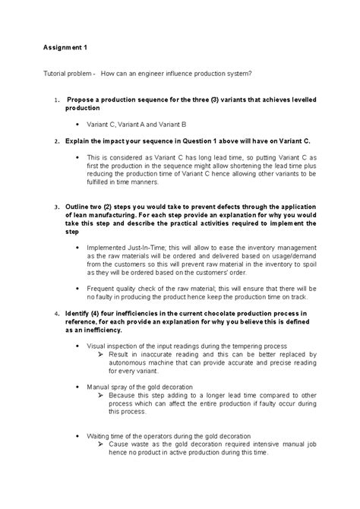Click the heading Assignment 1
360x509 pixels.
pos(65,48)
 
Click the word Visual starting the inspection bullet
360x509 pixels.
pos(99,345)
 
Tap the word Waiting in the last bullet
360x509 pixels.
pos(103,436)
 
